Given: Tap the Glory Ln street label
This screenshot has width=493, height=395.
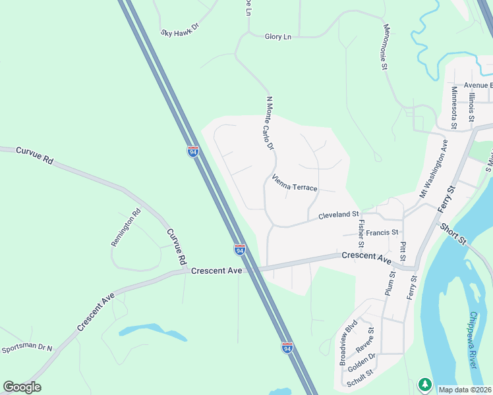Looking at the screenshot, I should point(278,37).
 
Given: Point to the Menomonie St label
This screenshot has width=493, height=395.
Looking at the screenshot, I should point(384,47).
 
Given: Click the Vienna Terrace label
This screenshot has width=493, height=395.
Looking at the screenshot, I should point(295,183).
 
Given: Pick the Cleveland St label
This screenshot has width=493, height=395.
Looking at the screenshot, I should point(338,215).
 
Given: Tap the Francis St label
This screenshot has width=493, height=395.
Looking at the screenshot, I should point(383,232).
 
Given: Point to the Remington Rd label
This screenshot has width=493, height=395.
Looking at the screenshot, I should point(125,227).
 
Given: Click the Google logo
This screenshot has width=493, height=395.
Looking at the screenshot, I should point(22,386).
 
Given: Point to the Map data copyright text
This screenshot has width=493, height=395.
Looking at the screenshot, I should point(465,390).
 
